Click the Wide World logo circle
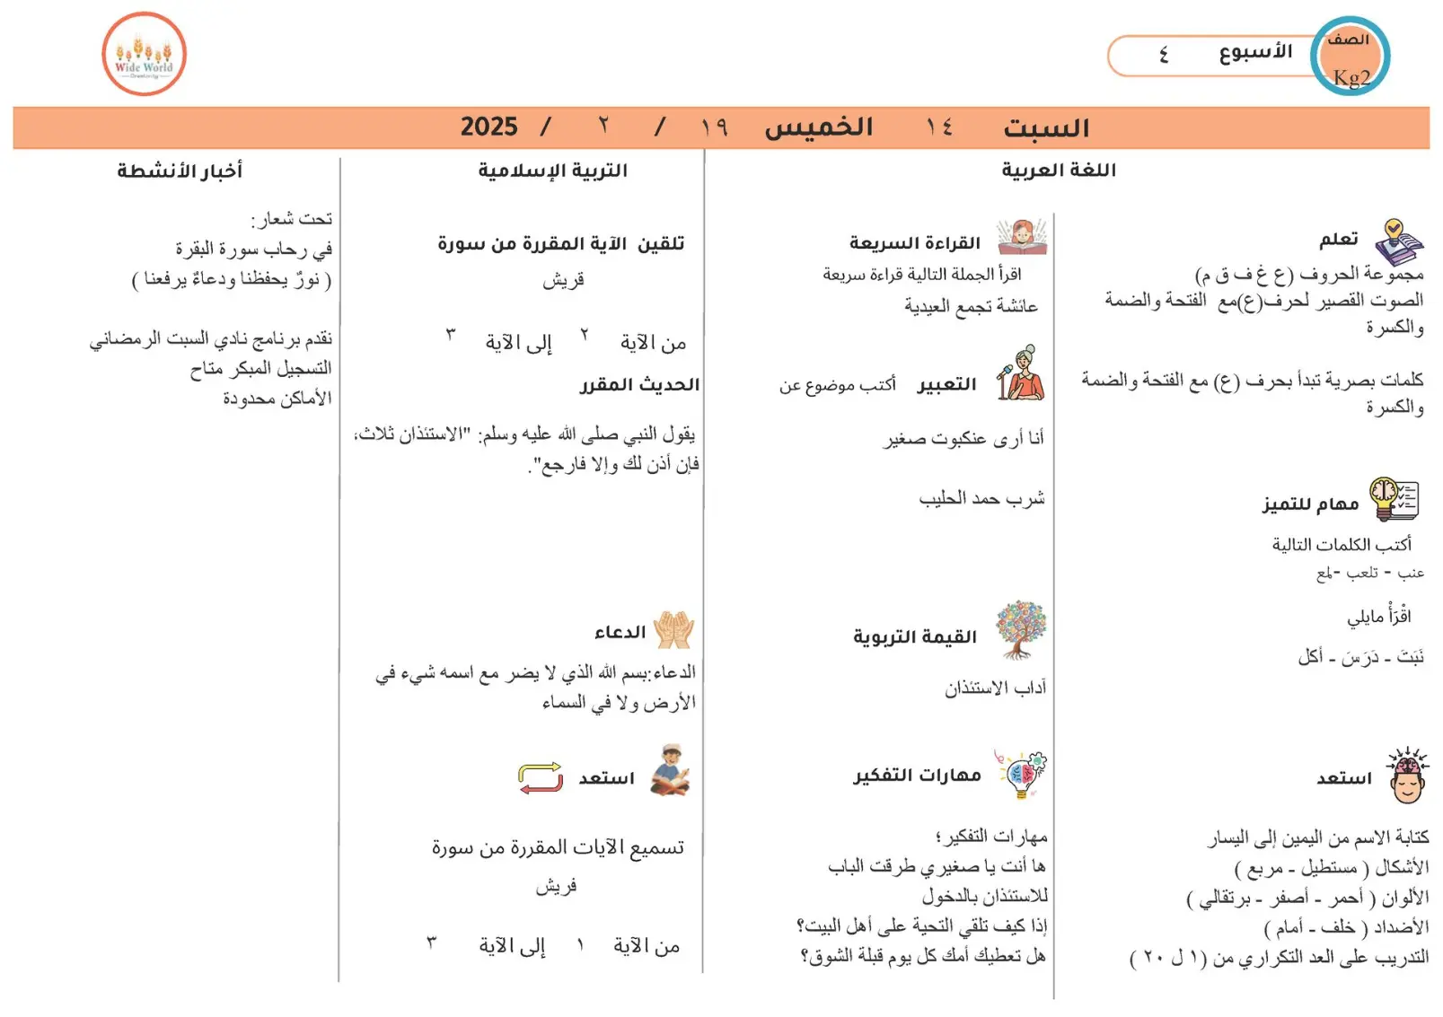point(144,54)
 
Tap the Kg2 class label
point(1351,77)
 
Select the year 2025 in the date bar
point(488,127)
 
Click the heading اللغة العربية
point(1059,171)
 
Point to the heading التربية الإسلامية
point(552,171)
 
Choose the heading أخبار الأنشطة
point(180,171)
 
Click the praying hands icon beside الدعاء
point(673,629)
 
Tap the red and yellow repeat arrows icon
point(541,777)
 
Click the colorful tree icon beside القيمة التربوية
point(1021,629)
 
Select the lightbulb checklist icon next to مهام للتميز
point(1394,499)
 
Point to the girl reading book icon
point(1022,238)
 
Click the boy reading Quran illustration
point(670,770)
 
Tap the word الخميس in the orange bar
point(818,127)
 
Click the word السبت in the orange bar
point(1046,127)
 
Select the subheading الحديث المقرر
point(639,385)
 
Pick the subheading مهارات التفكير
point(917,776)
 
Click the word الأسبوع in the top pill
point(1255,52)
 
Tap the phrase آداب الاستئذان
point(995,688)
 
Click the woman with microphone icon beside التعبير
point(1021,373)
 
